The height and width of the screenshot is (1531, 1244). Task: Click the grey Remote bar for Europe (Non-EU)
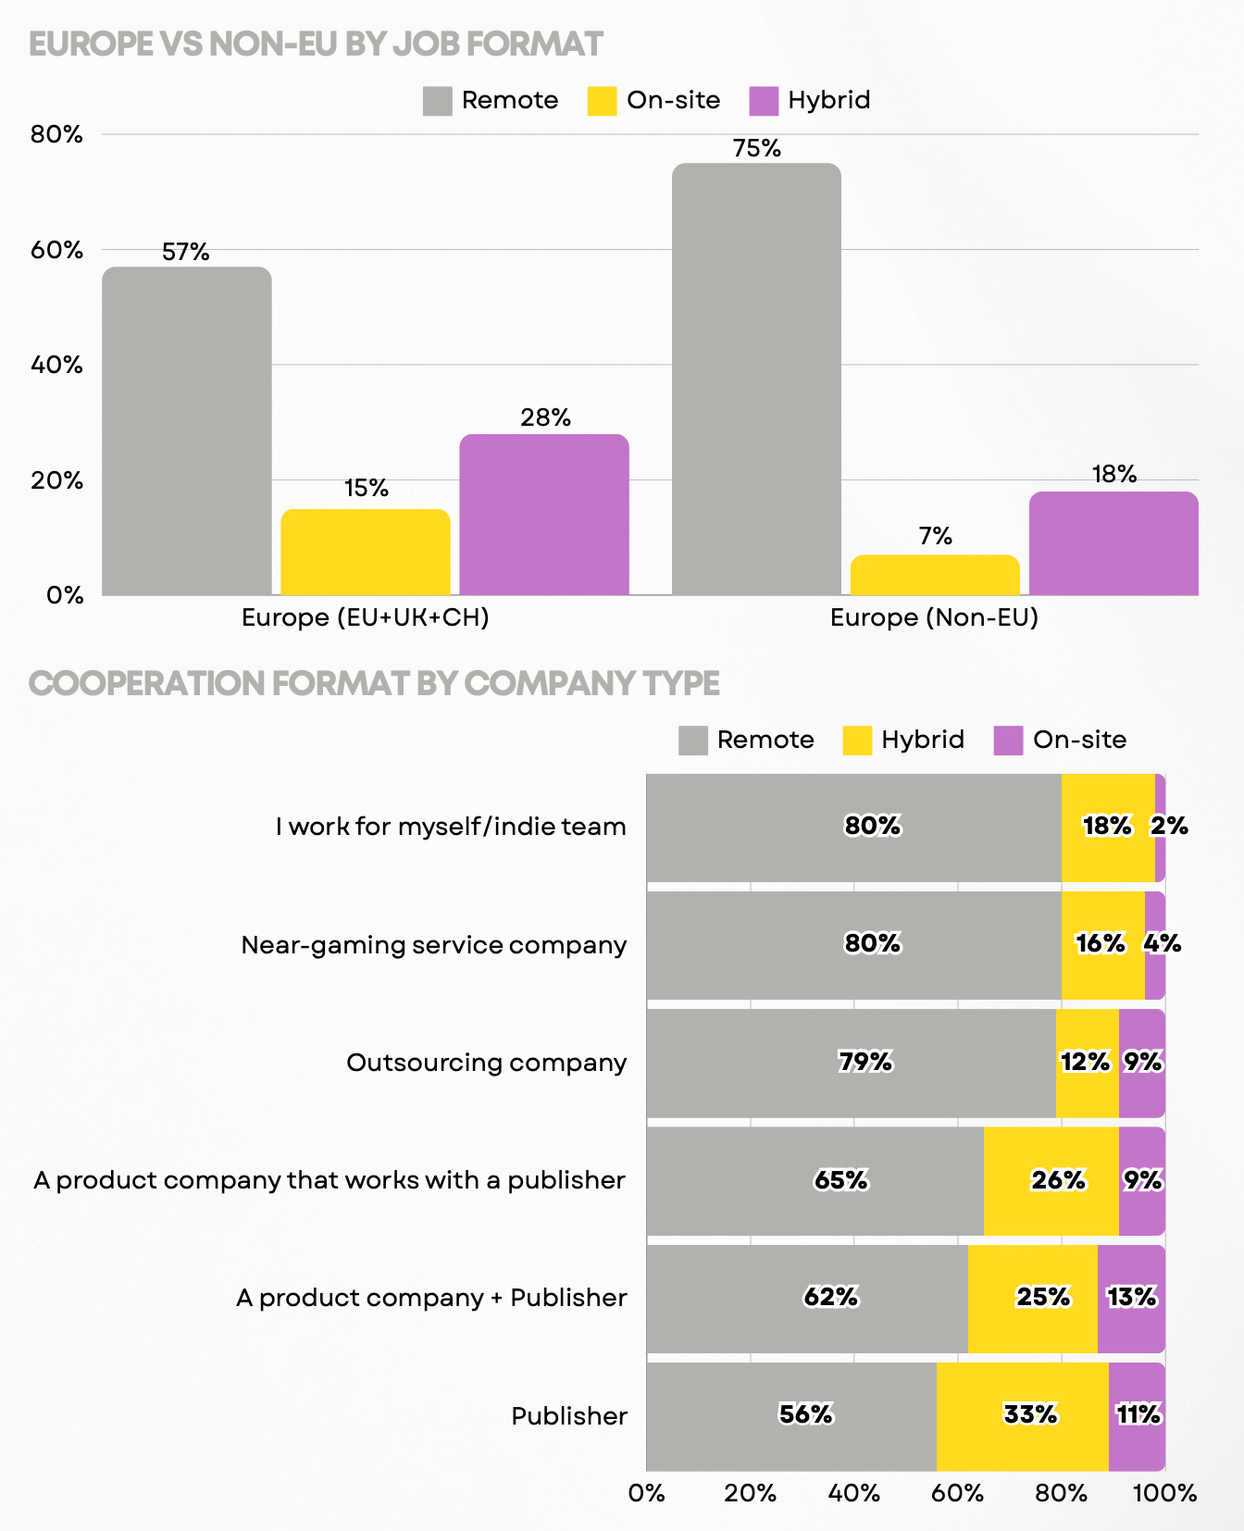tap(756, 380)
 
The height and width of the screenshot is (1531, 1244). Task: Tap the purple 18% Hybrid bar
tap(1113, 543)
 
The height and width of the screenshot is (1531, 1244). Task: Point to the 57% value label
tap(186, 252)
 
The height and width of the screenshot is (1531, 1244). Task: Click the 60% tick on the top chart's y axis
tap(57, 250)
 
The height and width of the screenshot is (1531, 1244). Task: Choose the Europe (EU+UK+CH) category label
tap(365, 617)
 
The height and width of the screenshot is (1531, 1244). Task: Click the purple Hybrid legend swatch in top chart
tap(764, 101)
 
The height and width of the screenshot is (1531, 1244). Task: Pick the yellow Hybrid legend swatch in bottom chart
tap(857, 741)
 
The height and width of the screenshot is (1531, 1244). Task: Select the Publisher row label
tap(569, 1416)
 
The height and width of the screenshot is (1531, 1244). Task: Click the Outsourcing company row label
tap(486, 1063)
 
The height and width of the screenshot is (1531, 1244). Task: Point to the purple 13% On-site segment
tap(1131, 1298)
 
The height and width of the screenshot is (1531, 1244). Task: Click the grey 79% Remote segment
tap(851, 1063)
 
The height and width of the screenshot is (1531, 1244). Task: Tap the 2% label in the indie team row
tap(1169, 826)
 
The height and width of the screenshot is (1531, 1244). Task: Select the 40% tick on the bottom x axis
tap(853, 1493)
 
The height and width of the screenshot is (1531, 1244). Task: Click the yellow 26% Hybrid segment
tap(1051, 1180)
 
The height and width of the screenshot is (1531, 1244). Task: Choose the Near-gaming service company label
tap(433, 945)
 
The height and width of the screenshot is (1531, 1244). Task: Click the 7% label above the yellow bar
tap(935, 537)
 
